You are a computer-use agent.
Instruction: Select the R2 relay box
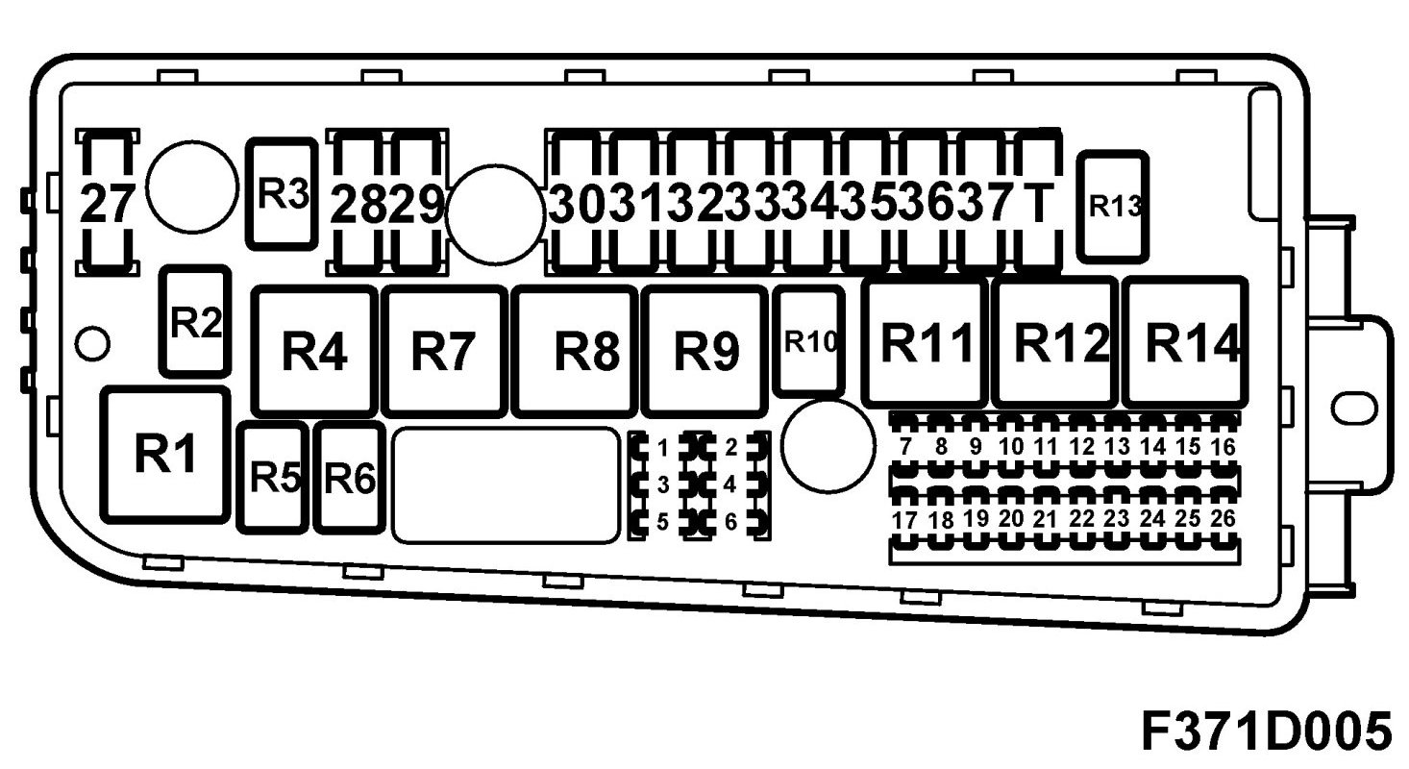click(195, 321)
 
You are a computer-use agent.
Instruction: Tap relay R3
click(283, 193)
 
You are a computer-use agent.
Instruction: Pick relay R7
click(443, 350)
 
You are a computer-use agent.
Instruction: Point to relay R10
click(809, 342)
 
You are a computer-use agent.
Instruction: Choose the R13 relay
click(1113, 206)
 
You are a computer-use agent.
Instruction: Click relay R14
click(1185, 342)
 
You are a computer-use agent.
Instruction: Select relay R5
click(274, 477)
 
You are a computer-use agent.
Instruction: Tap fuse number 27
click(108, 202)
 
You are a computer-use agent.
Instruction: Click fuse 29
click(418, 202)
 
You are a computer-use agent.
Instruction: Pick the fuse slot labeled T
click(1036, 202)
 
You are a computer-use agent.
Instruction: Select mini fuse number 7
click(905, 447)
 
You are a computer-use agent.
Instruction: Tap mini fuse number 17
click(905, 520)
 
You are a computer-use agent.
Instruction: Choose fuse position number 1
click(662, 447)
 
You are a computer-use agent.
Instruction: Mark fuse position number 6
click(730, 522)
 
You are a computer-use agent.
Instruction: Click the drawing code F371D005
click(1266, 731)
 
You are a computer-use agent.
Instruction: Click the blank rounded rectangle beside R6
click(506, 484)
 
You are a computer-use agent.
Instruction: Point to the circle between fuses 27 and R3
click(192, 187)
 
